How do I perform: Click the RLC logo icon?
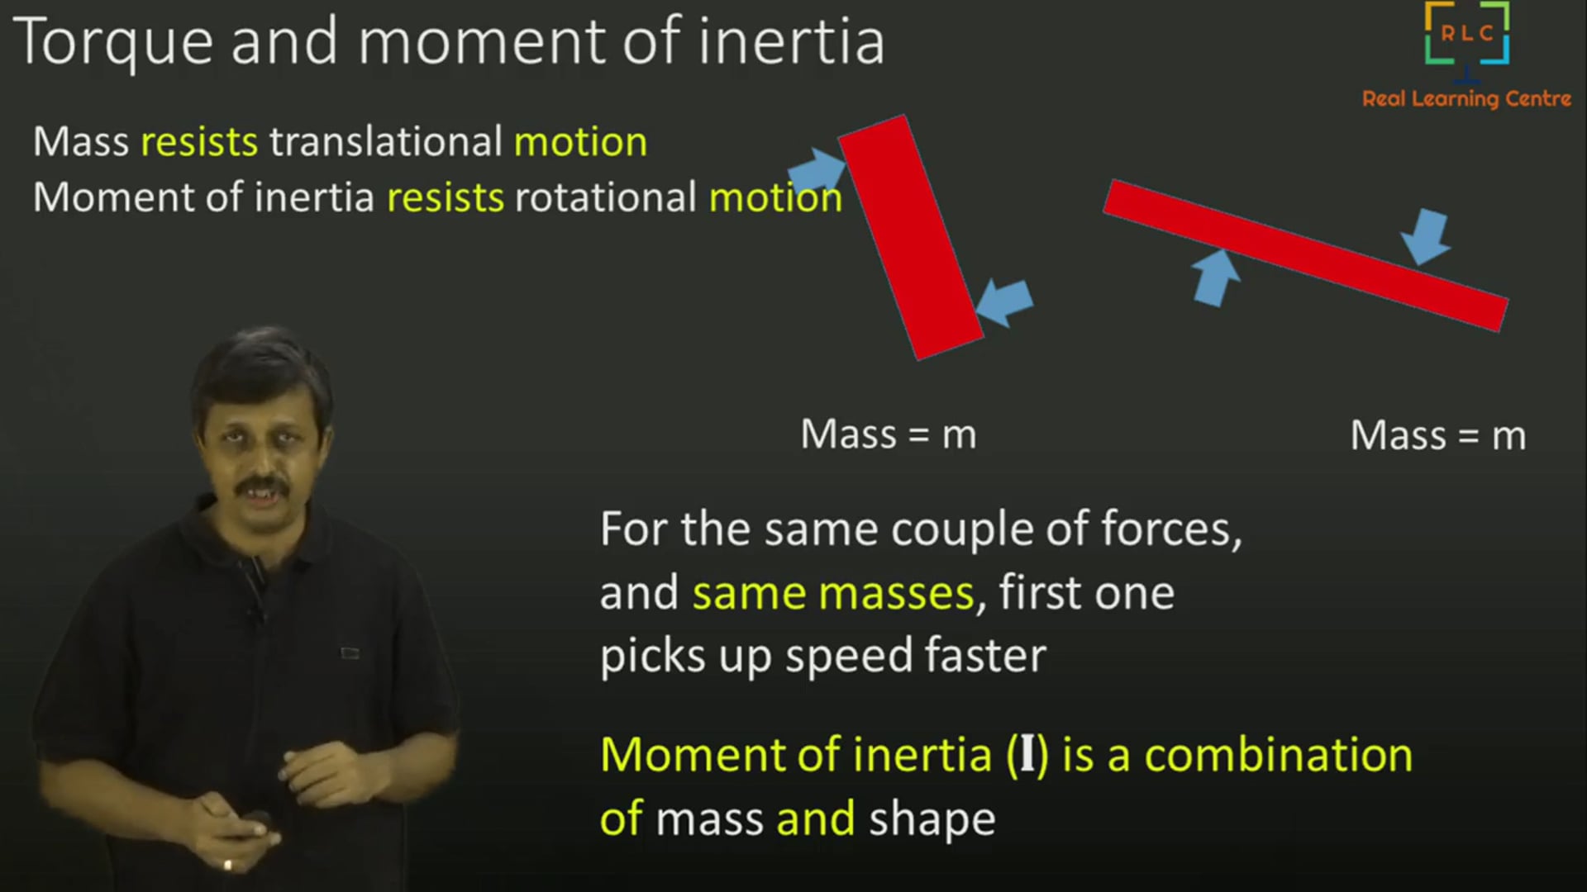click(x=1467, y=35)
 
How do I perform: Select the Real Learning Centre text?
click(x=1466, y=99)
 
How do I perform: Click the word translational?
click(x=386, y=142)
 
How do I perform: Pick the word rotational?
click(x=606, y=198)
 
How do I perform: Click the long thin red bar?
click(x=1306, y=255)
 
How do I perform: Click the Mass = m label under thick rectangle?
click(x=889, y=434)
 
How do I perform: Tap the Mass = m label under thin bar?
click(x=1437, y=436)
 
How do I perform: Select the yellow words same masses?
click(x=833, y=594)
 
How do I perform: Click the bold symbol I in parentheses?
click(x=1027, y=755)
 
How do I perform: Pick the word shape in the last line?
click(x=932, y=819)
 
